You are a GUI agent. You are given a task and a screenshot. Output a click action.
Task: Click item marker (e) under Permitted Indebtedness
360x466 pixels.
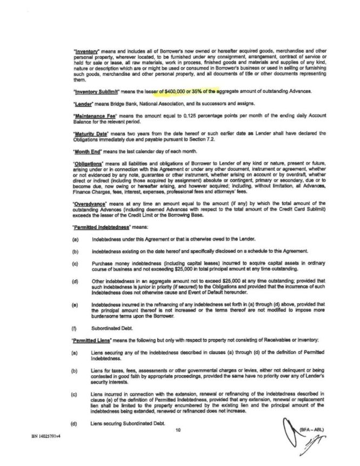(73, 306)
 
